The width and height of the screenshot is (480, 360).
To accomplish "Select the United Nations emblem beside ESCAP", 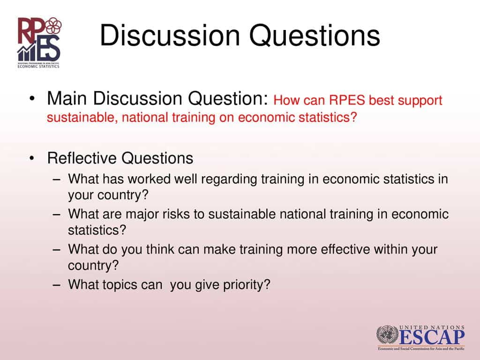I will click(388, 336).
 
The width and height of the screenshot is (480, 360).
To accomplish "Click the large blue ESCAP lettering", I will click(432, 337).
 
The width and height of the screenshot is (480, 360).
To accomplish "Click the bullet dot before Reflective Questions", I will click(31, 159).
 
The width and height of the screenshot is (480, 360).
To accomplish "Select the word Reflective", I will click(82, 158).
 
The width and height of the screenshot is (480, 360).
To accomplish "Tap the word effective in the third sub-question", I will click(345, 249).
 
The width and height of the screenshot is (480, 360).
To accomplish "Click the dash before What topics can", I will click(57, 285).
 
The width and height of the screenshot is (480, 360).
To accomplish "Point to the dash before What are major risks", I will click(57, 215).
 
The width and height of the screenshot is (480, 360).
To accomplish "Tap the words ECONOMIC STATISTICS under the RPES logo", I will click(39, 66).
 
